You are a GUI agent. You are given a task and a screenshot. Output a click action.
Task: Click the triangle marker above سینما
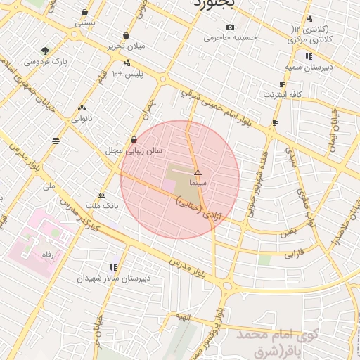tap(198, 172)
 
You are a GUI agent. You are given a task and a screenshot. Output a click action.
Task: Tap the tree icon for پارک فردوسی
tap(46, 51)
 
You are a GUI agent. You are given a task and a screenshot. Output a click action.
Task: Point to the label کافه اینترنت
tap(283, 94)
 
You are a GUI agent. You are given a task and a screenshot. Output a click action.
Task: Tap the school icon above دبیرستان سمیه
tap(309, 56)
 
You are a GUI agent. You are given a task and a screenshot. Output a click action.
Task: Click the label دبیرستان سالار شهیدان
tap(115, 278)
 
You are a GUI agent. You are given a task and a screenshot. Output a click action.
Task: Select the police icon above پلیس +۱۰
tap(127, 63)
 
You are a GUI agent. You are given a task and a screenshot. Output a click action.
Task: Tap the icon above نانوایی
tap(82, 108)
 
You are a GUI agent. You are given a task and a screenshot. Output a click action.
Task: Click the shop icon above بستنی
tap(85, 12)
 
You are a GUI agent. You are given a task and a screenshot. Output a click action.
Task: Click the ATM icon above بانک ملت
tap(102, 195)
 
